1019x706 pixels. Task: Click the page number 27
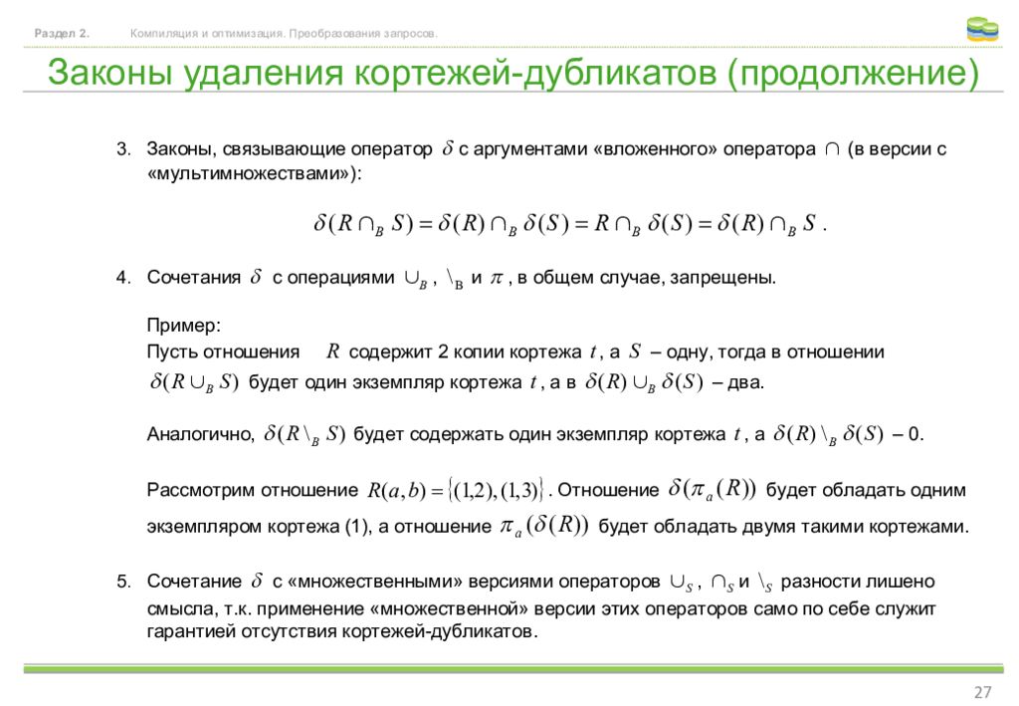coord(982,693)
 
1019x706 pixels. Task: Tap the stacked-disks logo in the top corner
coord(982,30)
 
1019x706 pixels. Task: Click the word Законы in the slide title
coord(108,74)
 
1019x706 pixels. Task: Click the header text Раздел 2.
coord(62,34)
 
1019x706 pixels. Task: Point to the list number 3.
coord(122,150)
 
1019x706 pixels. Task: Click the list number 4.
coord(122,278)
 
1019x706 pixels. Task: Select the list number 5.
coord(122,581)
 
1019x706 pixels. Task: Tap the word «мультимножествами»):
coord(255,173)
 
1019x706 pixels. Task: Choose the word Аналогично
coord(201,435)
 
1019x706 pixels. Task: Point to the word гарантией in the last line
coord(188,632)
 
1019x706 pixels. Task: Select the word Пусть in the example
coord(171,353)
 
